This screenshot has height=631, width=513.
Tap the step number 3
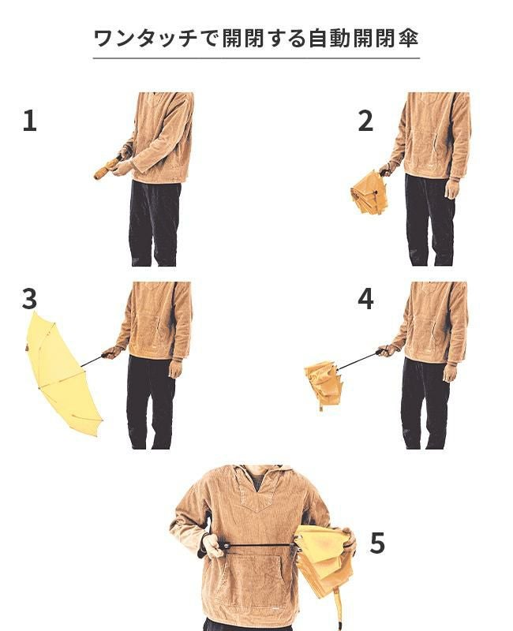coord(29,299)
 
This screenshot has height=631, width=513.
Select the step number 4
coord(365,299)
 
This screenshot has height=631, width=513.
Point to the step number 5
coord(377,543)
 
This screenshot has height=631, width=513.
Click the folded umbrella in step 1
coord(107,168)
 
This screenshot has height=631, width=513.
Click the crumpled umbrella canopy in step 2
coord(369,192)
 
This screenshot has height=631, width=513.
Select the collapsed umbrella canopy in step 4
coord(323,383)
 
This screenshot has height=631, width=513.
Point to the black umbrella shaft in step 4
coord(358,360)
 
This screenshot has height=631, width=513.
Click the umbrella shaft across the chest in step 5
coord(260,545)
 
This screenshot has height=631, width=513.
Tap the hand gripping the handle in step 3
coord(112,353)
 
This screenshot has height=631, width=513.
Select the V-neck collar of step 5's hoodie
coord(258,490)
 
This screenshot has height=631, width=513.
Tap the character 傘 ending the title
coord(409,38)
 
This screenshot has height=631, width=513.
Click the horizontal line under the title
coord(256,58)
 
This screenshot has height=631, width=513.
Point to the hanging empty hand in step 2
coord(451,189)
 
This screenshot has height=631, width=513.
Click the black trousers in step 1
coord(154,223)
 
